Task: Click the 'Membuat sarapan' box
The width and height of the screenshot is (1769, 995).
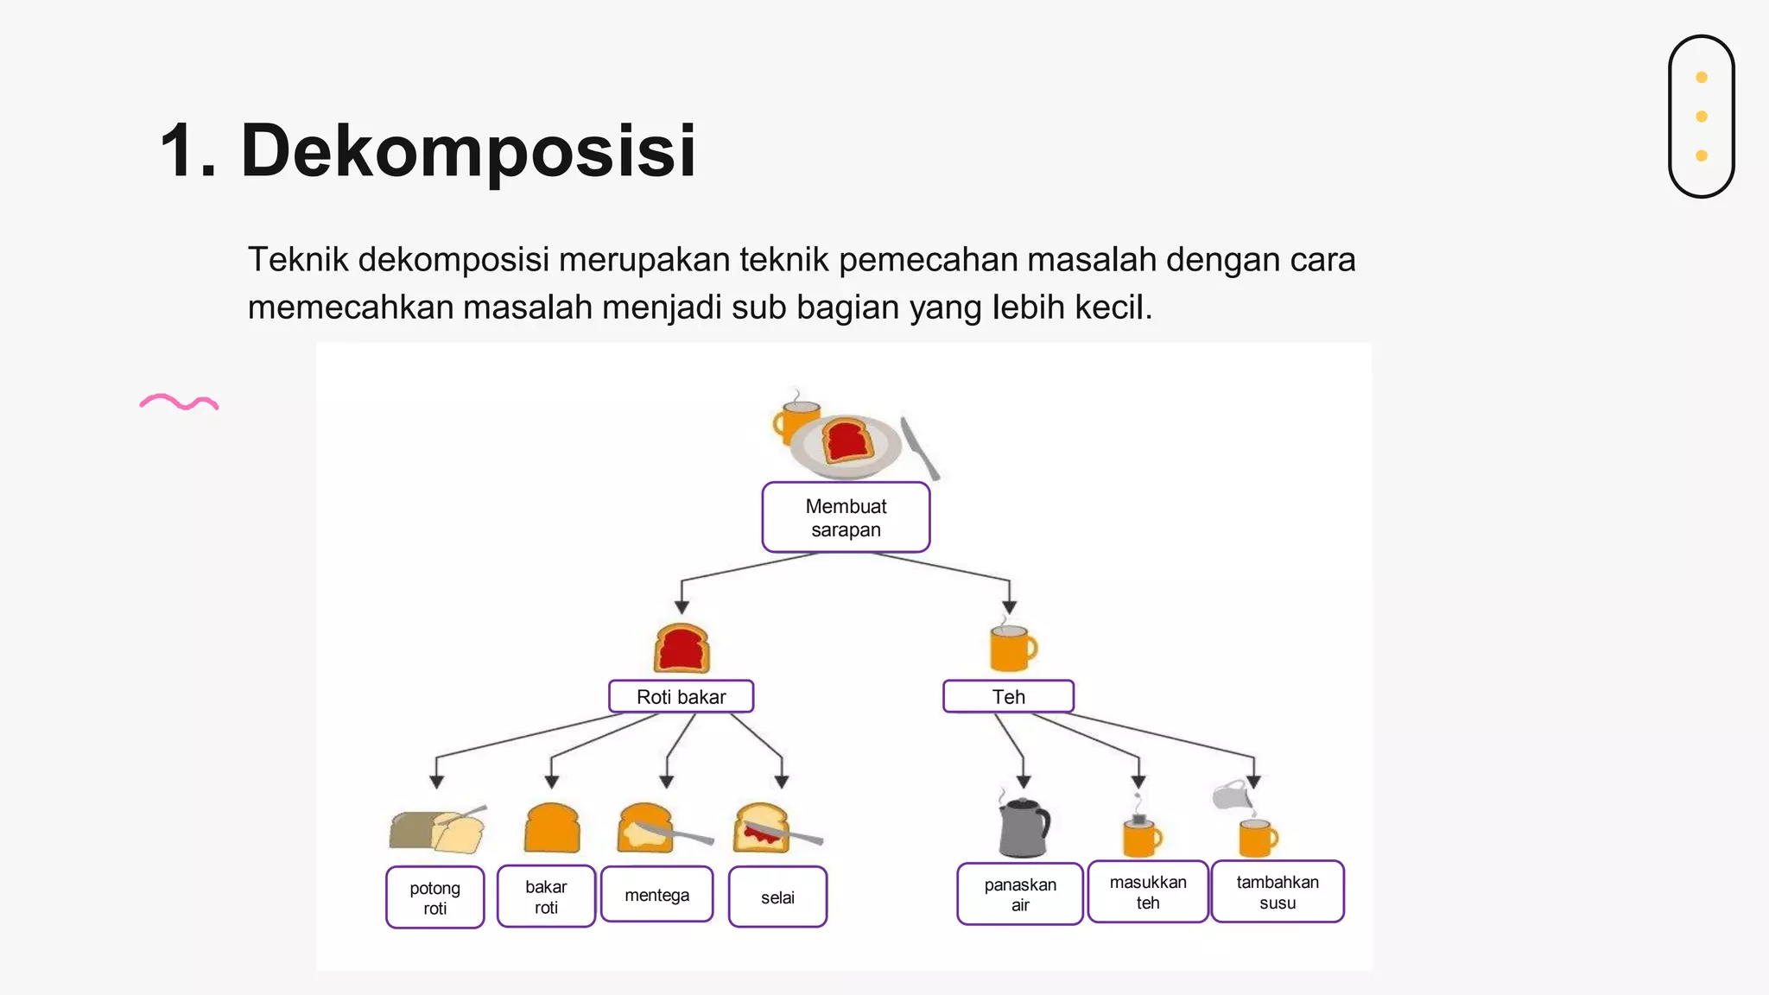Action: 846,517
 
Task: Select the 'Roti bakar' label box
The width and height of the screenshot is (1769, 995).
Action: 681,696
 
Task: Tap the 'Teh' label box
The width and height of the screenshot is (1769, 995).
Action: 1008,696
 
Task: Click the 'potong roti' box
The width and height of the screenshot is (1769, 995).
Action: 434,897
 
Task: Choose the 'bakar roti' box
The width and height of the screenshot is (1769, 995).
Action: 546,897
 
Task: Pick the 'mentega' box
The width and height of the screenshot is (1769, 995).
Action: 656,895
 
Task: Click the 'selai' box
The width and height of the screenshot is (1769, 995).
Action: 777,897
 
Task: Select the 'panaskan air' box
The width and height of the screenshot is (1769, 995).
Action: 1020,894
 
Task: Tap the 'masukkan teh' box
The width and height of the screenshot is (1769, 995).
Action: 1148,892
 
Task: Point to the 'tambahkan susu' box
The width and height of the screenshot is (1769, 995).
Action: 1278,892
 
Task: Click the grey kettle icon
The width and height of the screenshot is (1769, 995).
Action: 1024,827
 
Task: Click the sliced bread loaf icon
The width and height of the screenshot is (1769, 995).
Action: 436,830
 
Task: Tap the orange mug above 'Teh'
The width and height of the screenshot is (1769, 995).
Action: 1011,648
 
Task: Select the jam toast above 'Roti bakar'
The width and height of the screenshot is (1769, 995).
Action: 682,649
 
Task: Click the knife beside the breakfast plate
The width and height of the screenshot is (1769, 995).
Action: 919,447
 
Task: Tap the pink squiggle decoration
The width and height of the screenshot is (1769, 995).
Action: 180,402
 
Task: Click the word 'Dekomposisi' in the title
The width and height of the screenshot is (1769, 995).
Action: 467,150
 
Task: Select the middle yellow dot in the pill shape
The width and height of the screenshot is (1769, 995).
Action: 1702,117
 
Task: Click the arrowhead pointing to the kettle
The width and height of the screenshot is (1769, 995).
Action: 1024,782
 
